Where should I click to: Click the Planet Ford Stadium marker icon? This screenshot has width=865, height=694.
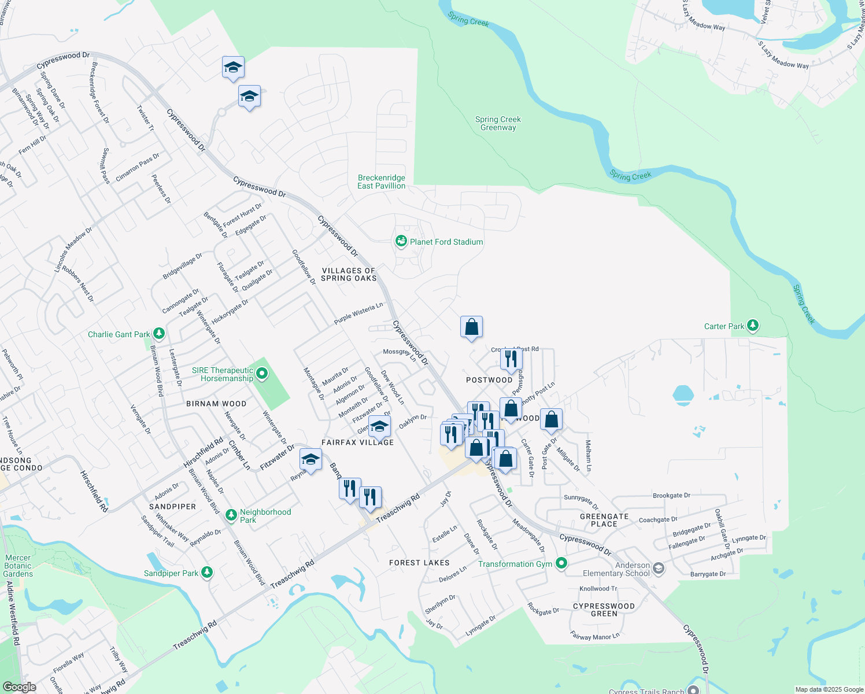(401, 241)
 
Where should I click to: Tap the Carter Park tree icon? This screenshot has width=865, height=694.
(752, 326)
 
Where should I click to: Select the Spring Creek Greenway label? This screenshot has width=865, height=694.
(498, 123)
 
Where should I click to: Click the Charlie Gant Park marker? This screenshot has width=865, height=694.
(159, 334)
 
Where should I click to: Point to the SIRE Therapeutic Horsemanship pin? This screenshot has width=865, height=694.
(262, 374)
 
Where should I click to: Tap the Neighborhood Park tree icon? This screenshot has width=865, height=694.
(231, 515)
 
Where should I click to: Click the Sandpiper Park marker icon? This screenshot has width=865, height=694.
(207, 573)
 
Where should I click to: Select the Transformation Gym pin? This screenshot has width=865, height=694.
(561, 563)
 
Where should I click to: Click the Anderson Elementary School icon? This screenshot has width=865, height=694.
(659, 569)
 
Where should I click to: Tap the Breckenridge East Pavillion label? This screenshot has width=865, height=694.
(382, 182)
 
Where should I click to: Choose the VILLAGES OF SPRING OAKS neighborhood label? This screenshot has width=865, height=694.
(349, 274)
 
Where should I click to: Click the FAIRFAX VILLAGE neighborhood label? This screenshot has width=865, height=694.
(357, 442)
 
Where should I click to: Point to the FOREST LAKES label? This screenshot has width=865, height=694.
(419, 562)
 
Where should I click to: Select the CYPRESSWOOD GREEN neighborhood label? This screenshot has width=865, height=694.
(604, 610)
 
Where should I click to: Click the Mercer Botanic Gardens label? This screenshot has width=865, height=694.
(18, 566)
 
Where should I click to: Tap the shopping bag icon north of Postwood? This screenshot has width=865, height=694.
(472, 327)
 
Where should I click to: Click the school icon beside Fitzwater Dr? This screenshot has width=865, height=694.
(310, 460)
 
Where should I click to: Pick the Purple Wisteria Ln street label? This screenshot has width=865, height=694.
(358, 313)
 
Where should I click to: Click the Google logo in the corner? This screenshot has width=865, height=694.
(19, 686)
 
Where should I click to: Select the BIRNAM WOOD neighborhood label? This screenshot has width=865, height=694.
(216, 404)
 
